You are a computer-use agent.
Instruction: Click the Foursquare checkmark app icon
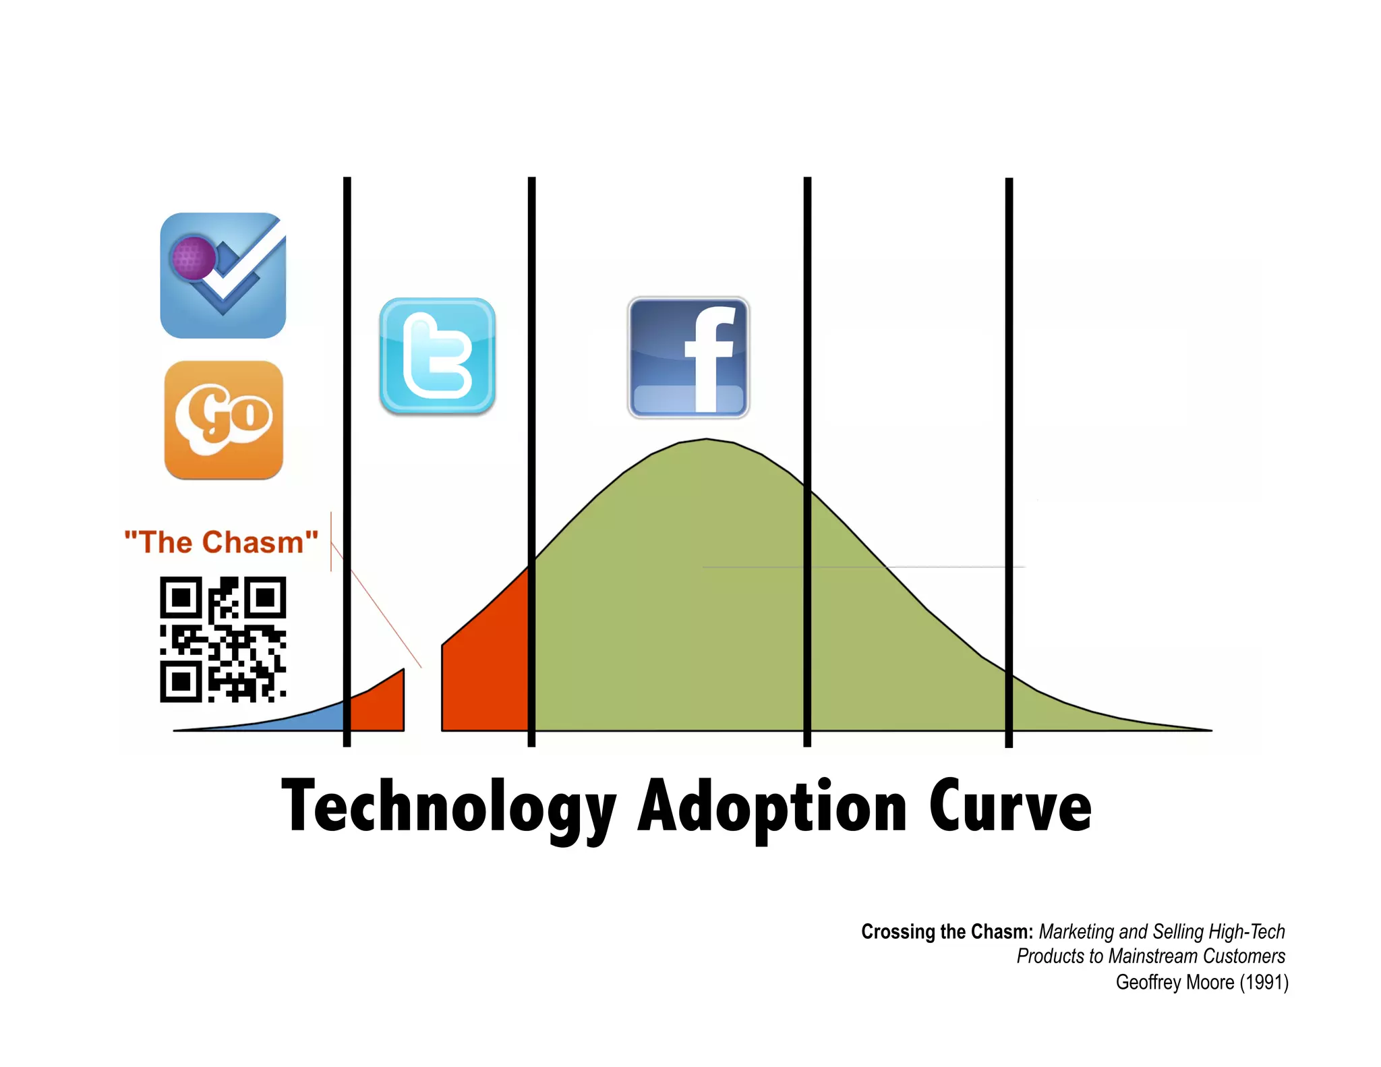click(x=223, y=275)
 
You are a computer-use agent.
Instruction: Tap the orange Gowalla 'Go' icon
click(x=223, y=420)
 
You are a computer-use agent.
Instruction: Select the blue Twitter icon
click(x=437, y=355)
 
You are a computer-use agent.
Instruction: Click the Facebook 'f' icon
click(x=688, y=357)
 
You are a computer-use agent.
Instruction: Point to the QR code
click(x=223, y=639)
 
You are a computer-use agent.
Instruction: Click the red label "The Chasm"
click(x=221, y=542)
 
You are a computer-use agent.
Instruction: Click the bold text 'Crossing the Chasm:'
click(x=947, y=931)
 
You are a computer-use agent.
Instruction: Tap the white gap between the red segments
click(x=423, y=701)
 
